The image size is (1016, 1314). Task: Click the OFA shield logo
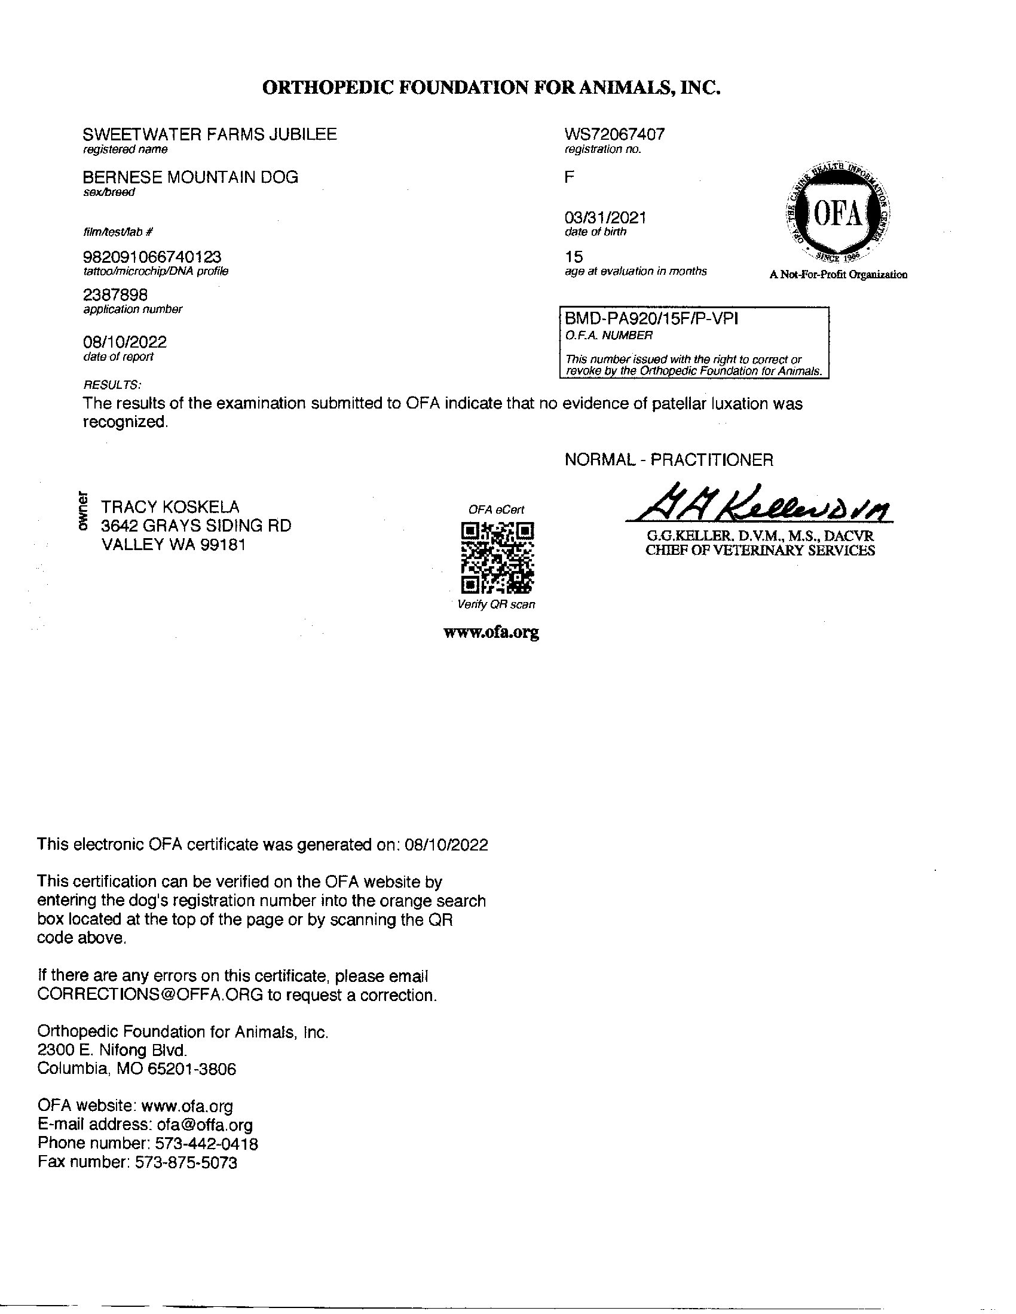tap(838, 215)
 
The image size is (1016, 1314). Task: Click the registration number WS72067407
tap(614, 134)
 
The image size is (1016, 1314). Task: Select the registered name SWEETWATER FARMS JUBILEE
tap(209, 134)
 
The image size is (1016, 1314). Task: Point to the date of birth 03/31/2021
tap(605, 218)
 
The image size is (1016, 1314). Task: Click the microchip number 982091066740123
tap(152, 257)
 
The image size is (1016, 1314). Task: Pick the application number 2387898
tap(115, 296)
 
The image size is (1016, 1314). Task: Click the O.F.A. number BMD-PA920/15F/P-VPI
tap(651, 319)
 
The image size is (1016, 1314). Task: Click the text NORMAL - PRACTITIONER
tap(669, 460)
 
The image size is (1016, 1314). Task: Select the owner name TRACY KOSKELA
tap(170, 506)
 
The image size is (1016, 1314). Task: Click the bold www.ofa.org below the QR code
tap(491, 633)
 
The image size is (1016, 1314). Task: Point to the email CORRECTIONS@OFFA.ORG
tap(150, 995)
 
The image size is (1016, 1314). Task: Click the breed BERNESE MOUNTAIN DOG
tap(190, 177)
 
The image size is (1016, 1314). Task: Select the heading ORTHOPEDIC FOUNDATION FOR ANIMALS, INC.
tap(491, 88)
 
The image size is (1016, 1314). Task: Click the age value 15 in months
tap(574, 257)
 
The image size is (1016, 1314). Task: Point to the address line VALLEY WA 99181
tap(173, 545)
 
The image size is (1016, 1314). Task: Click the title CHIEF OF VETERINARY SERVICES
tap(760, 551)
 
